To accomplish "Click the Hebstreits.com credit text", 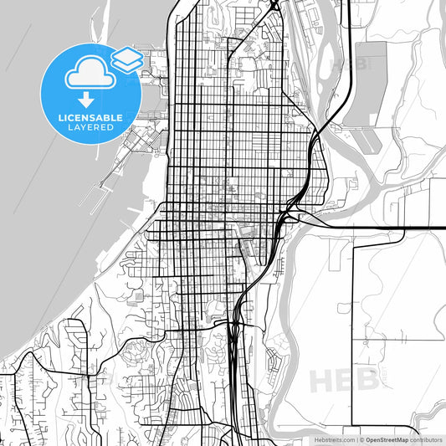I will click(x=331, y=438).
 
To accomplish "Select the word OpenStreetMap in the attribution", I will click(x=386, y=438).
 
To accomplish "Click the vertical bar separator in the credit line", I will click(x=356, y=438).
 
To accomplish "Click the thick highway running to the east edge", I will click(x=385, y=227).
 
